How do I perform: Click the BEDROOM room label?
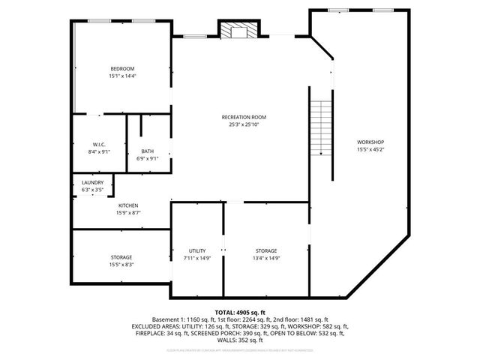pos(122,69)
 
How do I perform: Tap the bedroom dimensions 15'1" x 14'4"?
pos(122,76)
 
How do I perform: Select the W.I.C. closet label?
pos(98,144)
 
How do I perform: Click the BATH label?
pos(148,151)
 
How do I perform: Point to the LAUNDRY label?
pos(93,183)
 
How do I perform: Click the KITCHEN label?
pos(128,205)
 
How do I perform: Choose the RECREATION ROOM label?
pos(244,117)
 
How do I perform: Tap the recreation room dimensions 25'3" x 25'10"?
pos(244,124)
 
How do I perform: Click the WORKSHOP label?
pos(370,142)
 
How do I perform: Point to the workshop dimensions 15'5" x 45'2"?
pos(370,149)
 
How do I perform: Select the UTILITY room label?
pos(197,250)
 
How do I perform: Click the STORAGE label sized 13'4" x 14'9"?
pos(266,250)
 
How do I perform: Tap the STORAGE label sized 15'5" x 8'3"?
pos(121,257)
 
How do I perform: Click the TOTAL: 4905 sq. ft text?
pos(240,312)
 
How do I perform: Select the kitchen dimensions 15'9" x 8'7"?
pos(128,213)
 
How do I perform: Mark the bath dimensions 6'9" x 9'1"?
pos(148,158)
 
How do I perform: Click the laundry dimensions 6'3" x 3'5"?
pos(93,190)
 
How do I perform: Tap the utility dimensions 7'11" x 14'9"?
pos(197,258)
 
